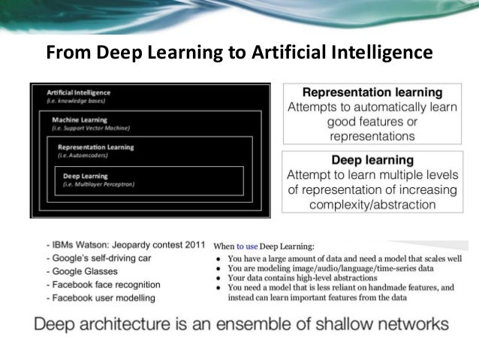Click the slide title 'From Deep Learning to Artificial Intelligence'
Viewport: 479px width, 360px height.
[239, 53]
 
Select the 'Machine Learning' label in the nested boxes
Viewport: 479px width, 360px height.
[80, 119]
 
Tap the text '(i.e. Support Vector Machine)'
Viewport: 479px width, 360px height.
[92, 129]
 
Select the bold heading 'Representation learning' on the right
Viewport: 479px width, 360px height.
[372, 92]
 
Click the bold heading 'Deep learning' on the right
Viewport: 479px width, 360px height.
[372, 159]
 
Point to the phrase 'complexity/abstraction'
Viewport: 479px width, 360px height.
[372, 204]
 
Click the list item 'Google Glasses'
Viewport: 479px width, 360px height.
[83, 271]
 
